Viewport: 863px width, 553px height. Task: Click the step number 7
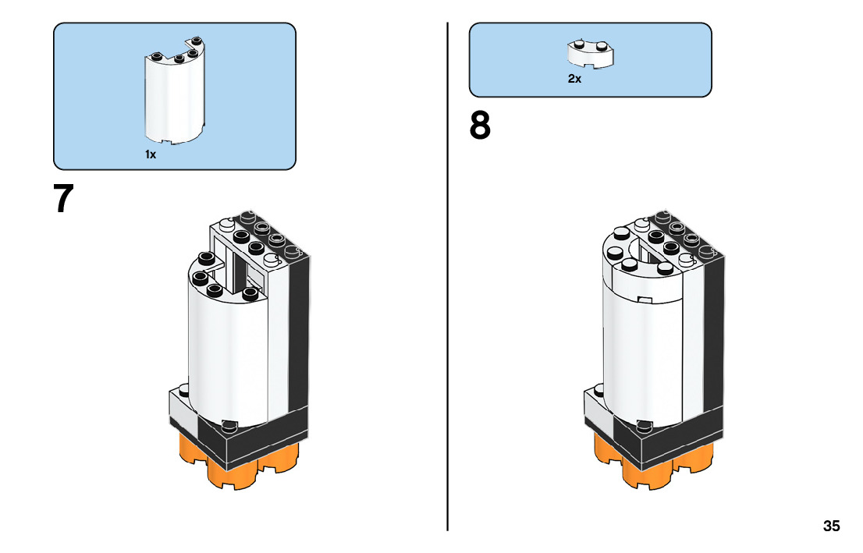[62, 199]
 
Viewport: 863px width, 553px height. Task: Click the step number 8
[480, 126]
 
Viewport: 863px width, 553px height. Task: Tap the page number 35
[831, 526]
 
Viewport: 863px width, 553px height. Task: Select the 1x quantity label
[151, 154]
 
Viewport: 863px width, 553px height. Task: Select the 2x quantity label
[574, 79]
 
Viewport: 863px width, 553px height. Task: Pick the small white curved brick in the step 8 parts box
[591, 53]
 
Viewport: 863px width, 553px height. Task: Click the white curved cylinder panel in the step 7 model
[226, 351]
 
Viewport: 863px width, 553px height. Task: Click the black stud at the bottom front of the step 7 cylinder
[229, 425]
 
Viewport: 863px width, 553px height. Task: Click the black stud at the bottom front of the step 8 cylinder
[644, 425]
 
